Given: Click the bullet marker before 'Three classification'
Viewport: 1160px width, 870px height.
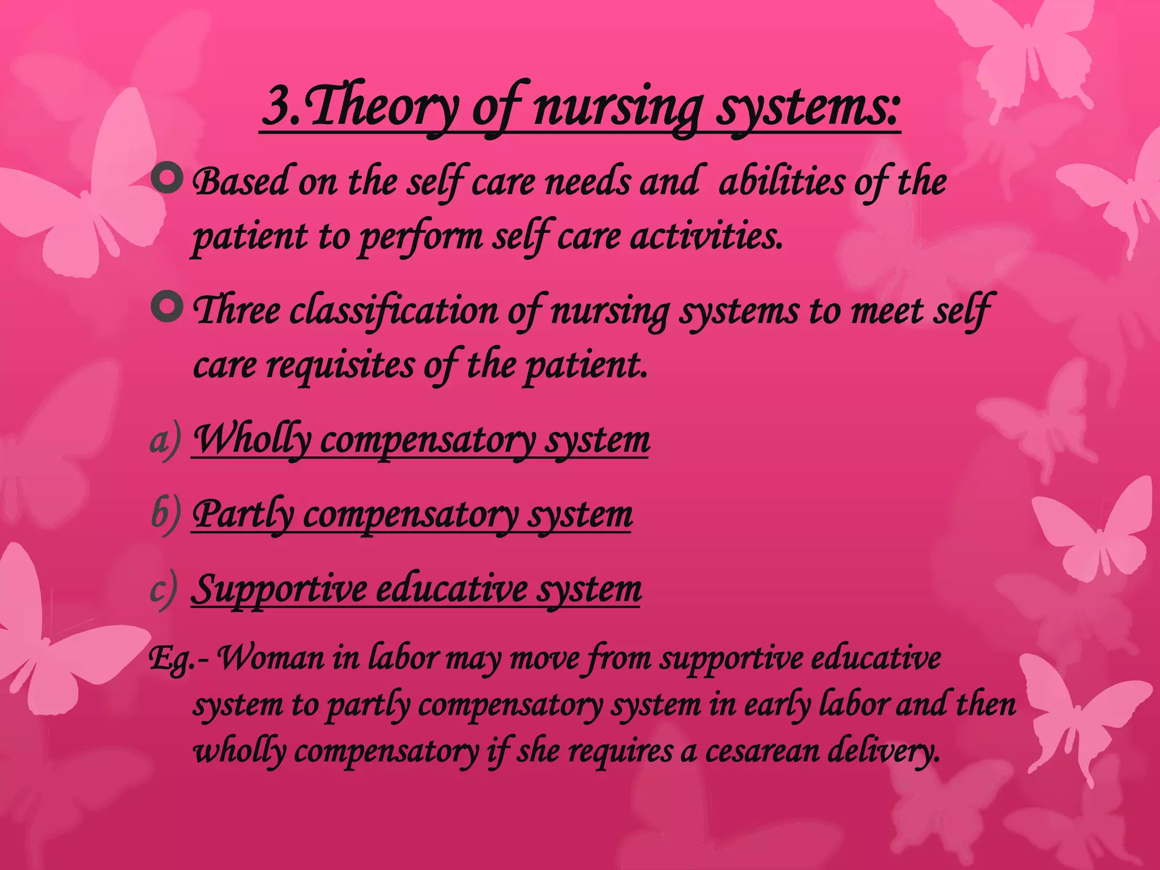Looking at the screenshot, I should click(x=167, y=307).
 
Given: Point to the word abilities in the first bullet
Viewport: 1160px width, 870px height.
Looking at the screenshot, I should click(x=782, y=182).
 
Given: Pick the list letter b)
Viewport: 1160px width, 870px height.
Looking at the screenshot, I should click(x=165, y=515).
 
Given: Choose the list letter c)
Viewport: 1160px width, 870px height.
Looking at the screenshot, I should click(x=164, y=590).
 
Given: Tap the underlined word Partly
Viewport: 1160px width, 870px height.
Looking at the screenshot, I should click(x=243, y=515).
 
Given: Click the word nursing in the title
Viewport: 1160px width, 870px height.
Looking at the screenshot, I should click(x=618, y=108).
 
